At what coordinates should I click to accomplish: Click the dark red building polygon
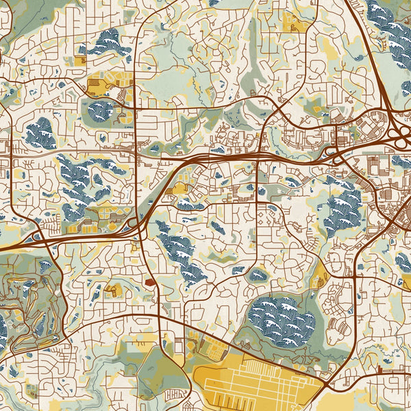pos(150,281)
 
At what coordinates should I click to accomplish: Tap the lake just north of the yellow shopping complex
pos(106,42)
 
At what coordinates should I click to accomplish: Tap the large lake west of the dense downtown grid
pos(342,212)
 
